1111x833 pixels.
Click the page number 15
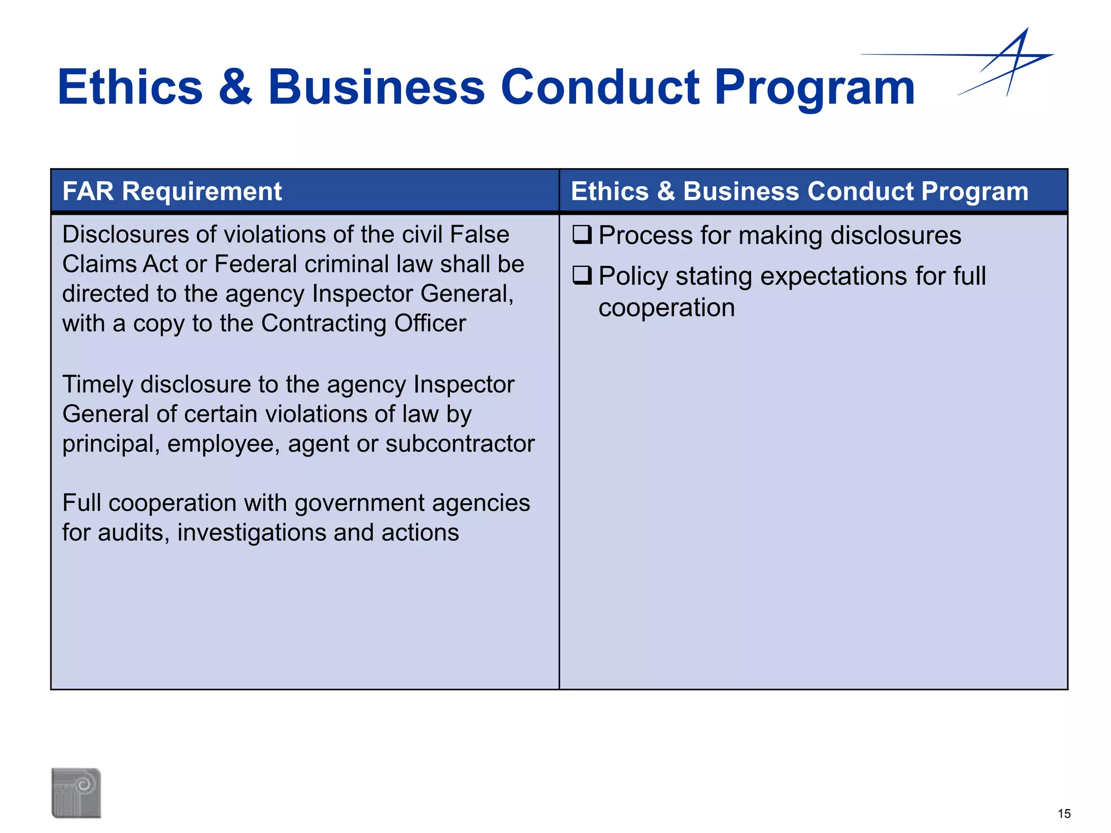coord(1064,813)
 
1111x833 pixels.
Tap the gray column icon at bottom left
coord(76,792)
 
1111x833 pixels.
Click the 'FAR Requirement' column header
coord(172,191)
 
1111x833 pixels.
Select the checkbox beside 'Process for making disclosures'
coord(582,235)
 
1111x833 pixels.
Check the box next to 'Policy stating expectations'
coord(582,276)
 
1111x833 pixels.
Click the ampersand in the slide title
coord(235,87)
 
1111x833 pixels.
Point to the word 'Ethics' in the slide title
coord(130,87)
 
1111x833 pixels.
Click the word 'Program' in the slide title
coord(814,88)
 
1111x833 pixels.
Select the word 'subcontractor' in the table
coord(460,444)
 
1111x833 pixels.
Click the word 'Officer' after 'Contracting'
coord(430,323)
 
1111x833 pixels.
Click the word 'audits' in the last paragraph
coord(131,533)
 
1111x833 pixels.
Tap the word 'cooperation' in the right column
coord(667,308)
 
